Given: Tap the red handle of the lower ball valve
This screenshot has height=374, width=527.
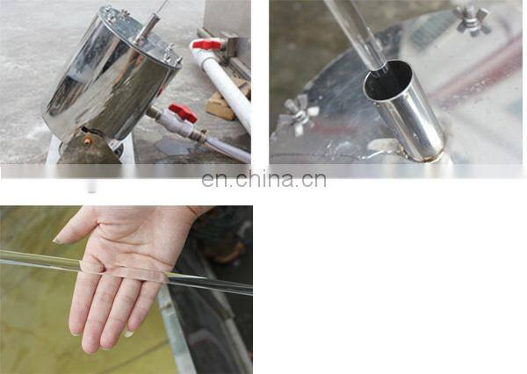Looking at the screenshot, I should click(183, 111).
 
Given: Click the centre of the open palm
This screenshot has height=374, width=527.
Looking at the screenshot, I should click(145, 255).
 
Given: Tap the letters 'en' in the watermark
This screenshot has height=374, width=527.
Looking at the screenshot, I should click(213, 181).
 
